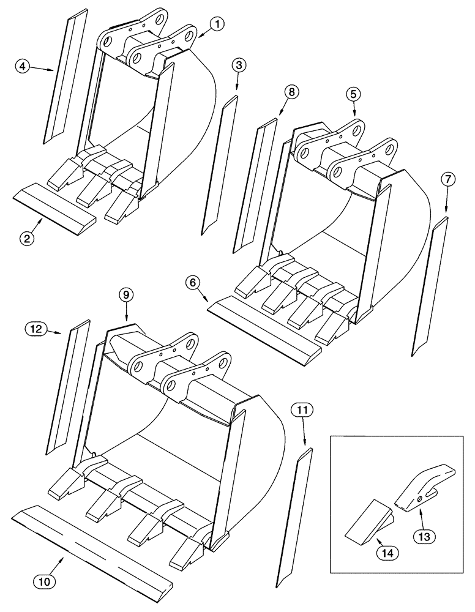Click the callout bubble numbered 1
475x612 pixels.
[219, 24]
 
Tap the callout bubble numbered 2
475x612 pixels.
[26, 239]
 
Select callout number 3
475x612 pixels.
[239, 64]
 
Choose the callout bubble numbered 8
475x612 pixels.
[291, 92]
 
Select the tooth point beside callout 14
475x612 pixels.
[367, 520]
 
